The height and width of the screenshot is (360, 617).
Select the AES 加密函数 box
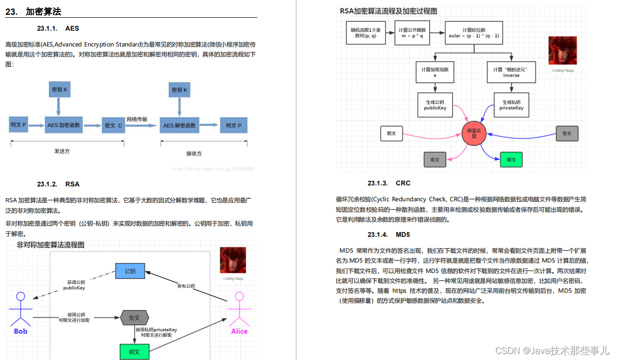64,125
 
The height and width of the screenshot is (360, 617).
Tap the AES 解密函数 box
179,125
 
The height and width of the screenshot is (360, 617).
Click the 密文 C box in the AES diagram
113,126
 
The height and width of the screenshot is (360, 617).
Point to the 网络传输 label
137,119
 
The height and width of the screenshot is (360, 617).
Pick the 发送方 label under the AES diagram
62,151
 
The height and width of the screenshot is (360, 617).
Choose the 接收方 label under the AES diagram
194,153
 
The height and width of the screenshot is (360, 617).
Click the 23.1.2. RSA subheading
58,184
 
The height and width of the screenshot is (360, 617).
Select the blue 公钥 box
130,271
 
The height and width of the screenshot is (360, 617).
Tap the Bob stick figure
20,312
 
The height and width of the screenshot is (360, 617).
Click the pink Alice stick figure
239,312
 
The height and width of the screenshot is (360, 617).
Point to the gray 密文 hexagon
135,318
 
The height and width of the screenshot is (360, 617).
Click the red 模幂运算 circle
475,133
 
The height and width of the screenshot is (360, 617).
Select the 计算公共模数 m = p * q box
412,33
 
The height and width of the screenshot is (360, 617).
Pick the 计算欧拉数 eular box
474,33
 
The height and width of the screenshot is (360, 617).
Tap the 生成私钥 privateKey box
511,105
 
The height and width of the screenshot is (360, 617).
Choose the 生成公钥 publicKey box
435,105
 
